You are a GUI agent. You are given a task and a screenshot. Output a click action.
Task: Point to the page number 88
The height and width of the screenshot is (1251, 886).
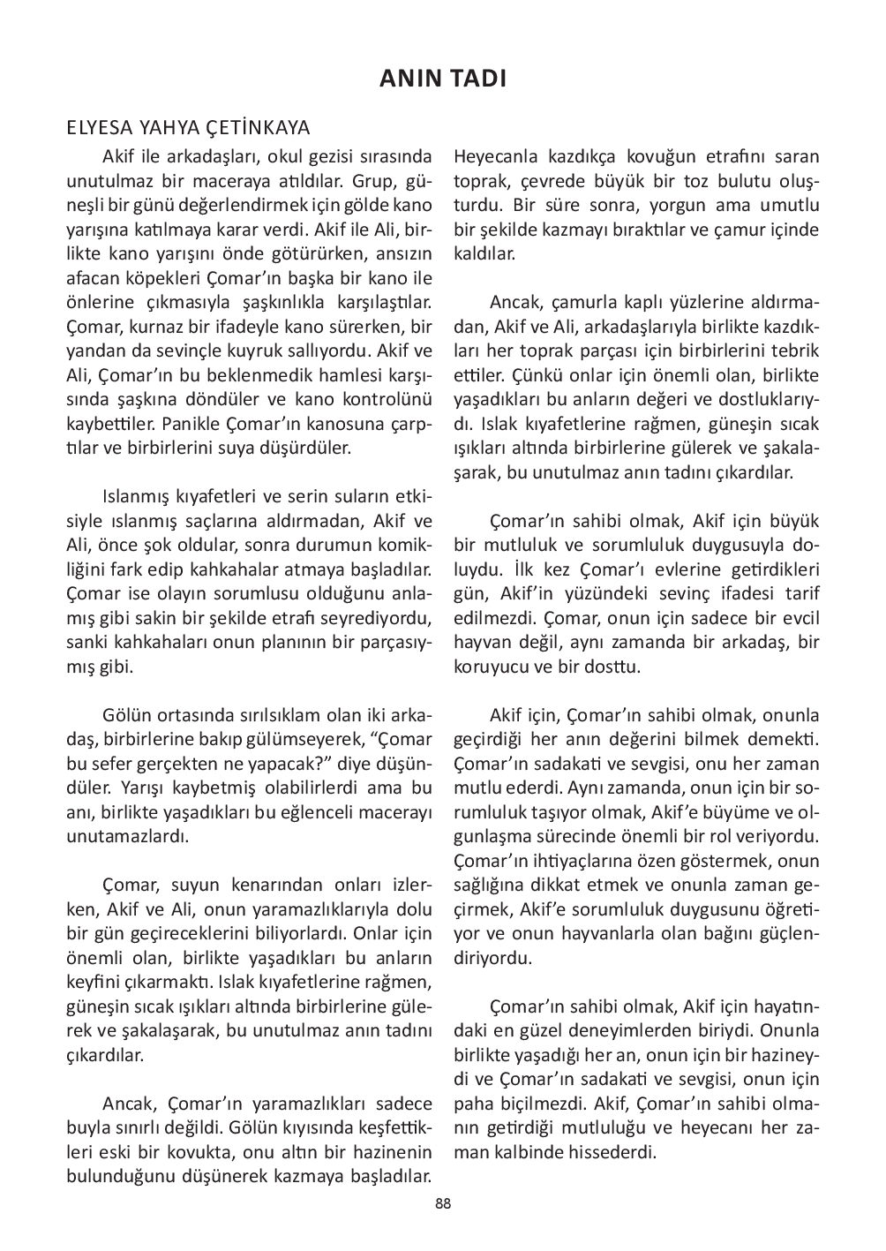[443, 1203]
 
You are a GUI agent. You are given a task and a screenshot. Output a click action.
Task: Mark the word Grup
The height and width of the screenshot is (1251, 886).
[373, 182]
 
